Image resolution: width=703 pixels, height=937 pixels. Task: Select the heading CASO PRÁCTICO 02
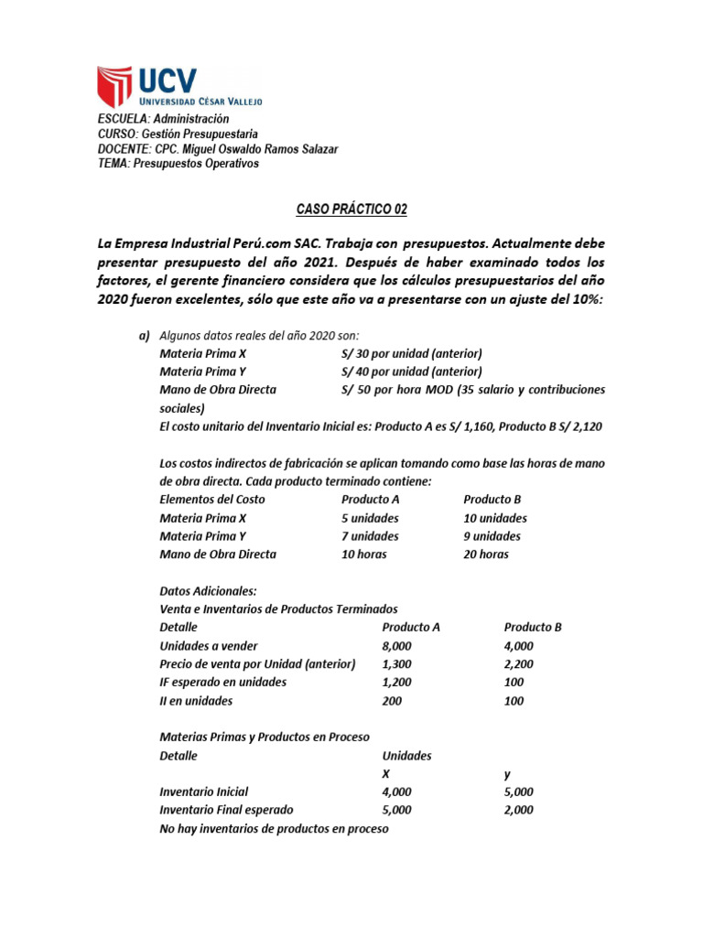(351, 210)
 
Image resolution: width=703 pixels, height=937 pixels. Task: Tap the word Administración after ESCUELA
(191, 119)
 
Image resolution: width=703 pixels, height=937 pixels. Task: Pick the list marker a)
(144, 335)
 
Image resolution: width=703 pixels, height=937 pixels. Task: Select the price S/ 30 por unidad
(411, 353)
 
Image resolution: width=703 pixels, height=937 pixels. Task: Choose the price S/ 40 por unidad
(411, 372)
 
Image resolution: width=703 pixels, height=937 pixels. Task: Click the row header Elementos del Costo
(212, 500)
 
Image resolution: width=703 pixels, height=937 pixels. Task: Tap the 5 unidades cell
(370, 518)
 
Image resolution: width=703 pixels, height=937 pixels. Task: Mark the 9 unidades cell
(492, 536)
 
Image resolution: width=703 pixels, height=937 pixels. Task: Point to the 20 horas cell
(486, 555)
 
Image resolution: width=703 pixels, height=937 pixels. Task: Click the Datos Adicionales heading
(208, 591)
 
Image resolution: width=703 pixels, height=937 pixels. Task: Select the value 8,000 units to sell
(397, 645)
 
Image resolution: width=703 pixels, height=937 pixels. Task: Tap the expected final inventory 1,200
(397, 682)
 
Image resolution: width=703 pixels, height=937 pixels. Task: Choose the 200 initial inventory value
(393, 701)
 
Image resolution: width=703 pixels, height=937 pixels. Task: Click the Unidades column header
(406, 756)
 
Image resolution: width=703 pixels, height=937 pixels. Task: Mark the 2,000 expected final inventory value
(519, 810)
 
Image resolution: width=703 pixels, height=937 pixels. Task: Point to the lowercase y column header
(507, 774)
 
